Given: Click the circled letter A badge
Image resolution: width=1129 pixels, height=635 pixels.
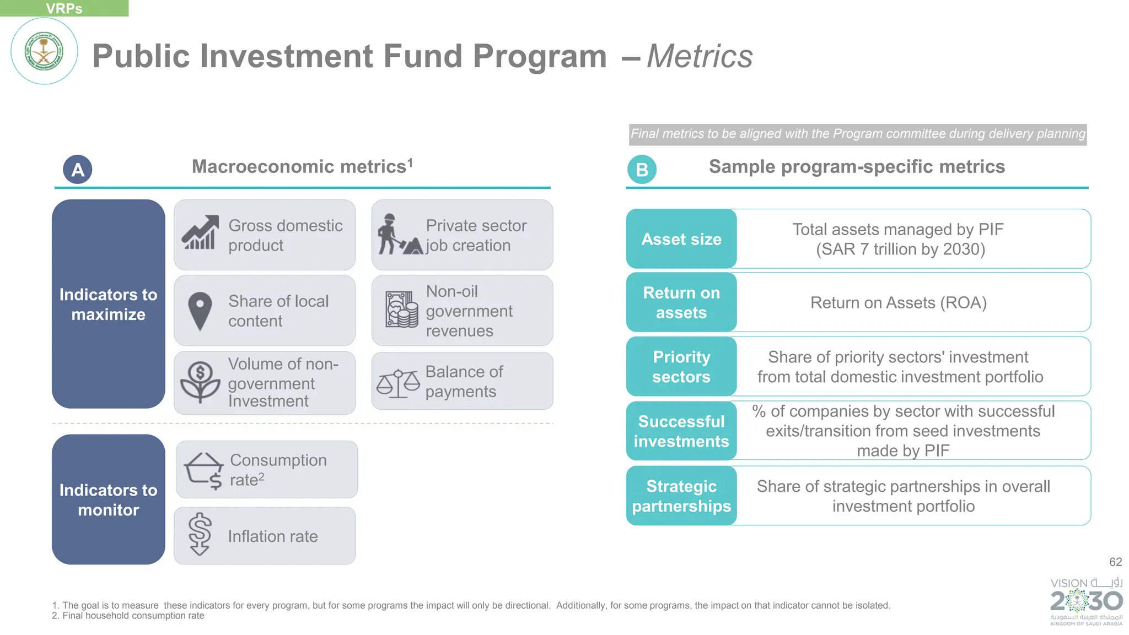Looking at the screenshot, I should [78, 170].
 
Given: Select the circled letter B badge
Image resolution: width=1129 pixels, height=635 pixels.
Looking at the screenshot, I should [642, 170].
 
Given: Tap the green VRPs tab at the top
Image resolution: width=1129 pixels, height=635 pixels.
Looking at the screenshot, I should [64, 8].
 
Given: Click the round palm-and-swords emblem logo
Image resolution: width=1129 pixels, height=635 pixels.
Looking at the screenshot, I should [44, 51].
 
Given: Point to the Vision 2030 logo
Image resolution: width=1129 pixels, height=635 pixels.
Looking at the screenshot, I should [1086, 601].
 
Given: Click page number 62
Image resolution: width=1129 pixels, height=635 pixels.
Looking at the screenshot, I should [1115, 562].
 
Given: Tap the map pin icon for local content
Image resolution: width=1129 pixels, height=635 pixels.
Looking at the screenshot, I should [200, 311].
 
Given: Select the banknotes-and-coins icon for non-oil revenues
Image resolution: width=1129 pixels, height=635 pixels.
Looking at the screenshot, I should [401, 310].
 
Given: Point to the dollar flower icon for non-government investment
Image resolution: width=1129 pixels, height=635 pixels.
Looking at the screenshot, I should [200, 382].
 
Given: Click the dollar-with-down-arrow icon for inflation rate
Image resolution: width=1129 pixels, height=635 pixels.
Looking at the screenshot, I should [200, 534].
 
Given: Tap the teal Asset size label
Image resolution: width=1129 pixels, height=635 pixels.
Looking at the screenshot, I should [681, 239].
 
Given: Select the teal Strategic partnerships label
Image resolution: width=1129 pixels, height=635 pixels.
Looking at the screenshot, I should [681, 496].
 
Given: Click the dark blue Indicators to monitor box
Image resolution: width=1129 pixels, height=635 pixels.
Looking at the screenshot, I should [109, 500].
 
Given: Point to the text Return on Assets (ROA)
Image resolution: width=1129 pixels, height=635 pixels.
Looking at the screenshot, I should [898, 303].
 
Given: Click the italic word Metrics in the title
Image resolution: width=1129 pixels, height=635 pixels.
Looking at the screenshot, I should [700, 56].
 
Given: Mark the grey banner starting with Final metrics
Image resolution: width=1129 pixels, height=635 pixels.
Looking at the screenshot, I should [858, 134].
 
